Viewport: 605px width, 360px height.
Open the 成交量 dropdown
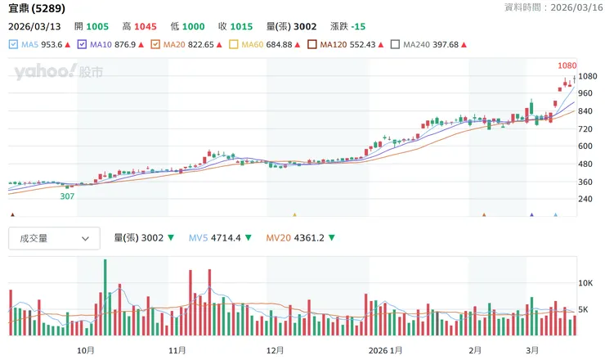coord(54,238)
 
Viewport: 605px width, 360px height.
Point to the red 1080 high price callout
coord(567,65)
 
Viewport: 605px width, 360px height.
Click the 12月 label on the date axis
coord(275,350)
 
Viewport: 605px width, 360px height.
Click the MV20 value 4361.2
coord(307,238)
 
